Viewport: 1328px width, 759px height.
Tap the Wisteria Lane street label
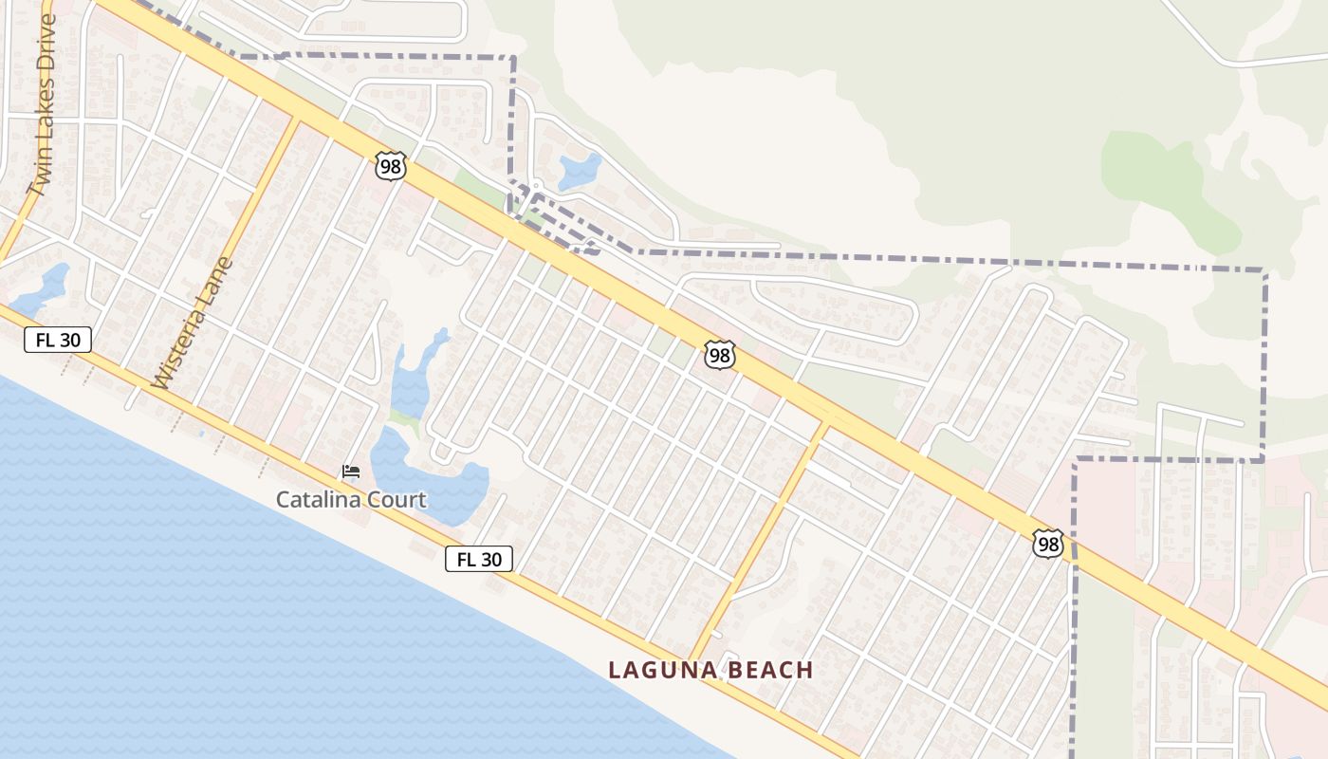[192, 323]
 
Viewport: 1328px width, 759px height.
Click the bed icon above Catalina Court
[351, 472]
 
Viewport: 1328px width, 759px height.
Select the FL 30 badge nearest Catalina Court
[479, 559]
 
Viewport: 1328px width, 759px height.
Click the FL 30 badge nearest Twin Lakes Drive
[58, 340]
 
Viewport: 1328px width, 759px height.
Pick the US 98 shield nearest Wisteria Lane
[391, 166]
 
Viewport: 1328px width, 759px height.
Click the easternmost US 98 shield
[1048, 544]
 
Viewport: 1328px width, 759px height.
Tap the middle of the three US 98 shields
[720, 355]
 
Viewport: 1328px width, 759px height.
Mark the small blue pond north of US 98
[580, 172]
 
